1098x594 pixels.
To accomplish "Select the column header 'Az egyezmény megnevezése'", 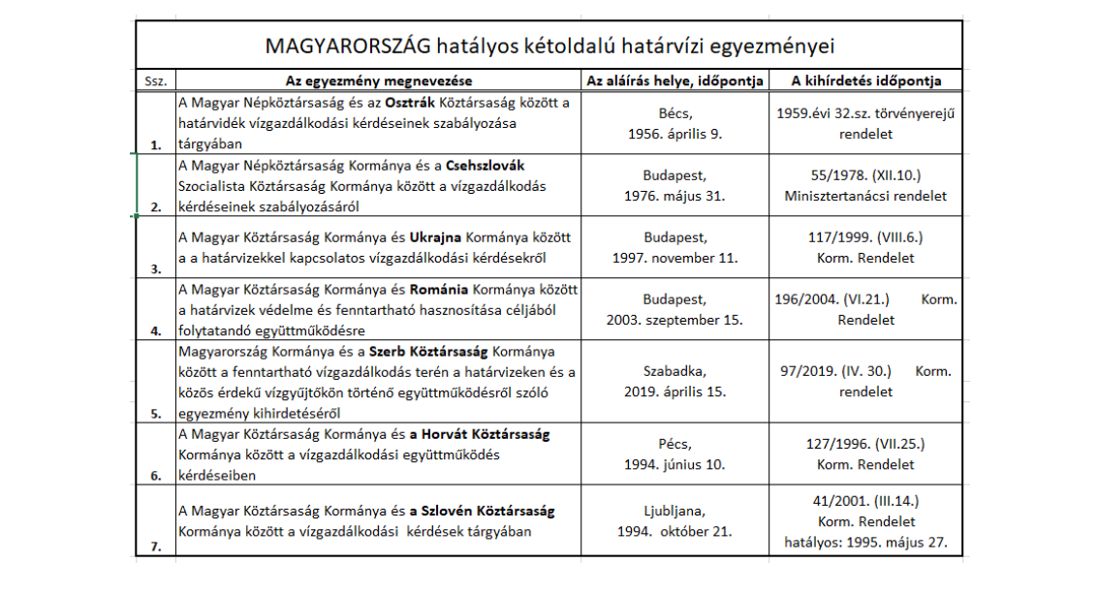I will coord(379,80).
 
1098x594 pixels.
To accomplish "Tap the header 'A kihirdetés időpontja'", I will coord(865,80).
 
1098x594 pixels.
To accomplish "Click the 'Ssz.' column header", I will coord(154,81).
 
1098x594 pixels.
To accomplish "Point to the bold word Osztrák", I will coord(411,103).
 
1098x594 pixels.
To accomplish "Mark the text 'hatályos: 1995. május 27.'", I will coord(865,542).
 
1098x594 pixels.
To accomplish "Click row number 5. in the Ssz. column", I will coord(156,412).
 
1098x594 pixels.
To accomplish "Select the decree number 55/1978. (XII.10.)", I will coord(865,175).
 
